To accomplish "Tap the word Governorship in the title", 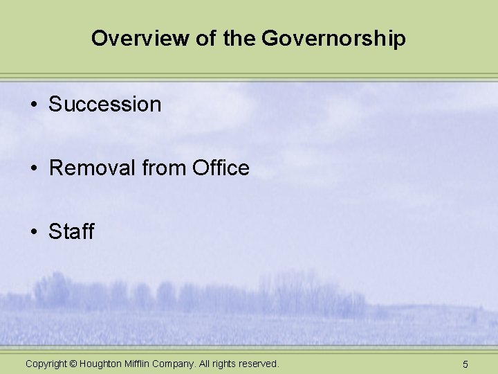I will point(333,38).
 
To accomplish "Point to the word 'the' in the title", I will point(239,38).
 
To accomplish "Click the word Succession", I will point(104,105).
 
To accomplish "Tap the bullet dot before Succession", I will point(33,105).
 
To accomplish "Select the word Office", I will point(221,168).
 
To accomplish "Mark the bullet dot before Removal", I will point(33,168).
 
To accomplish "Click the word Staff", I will point(71,231).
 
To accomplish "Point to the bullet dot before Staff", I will point(33,232).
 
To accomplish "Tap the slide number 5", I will point(465,364).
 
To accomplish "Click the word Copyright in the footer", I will point(46,364).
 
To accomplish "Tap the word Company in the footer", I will point(175,364).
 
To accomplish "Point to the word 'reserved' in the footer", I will point(259,364).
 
